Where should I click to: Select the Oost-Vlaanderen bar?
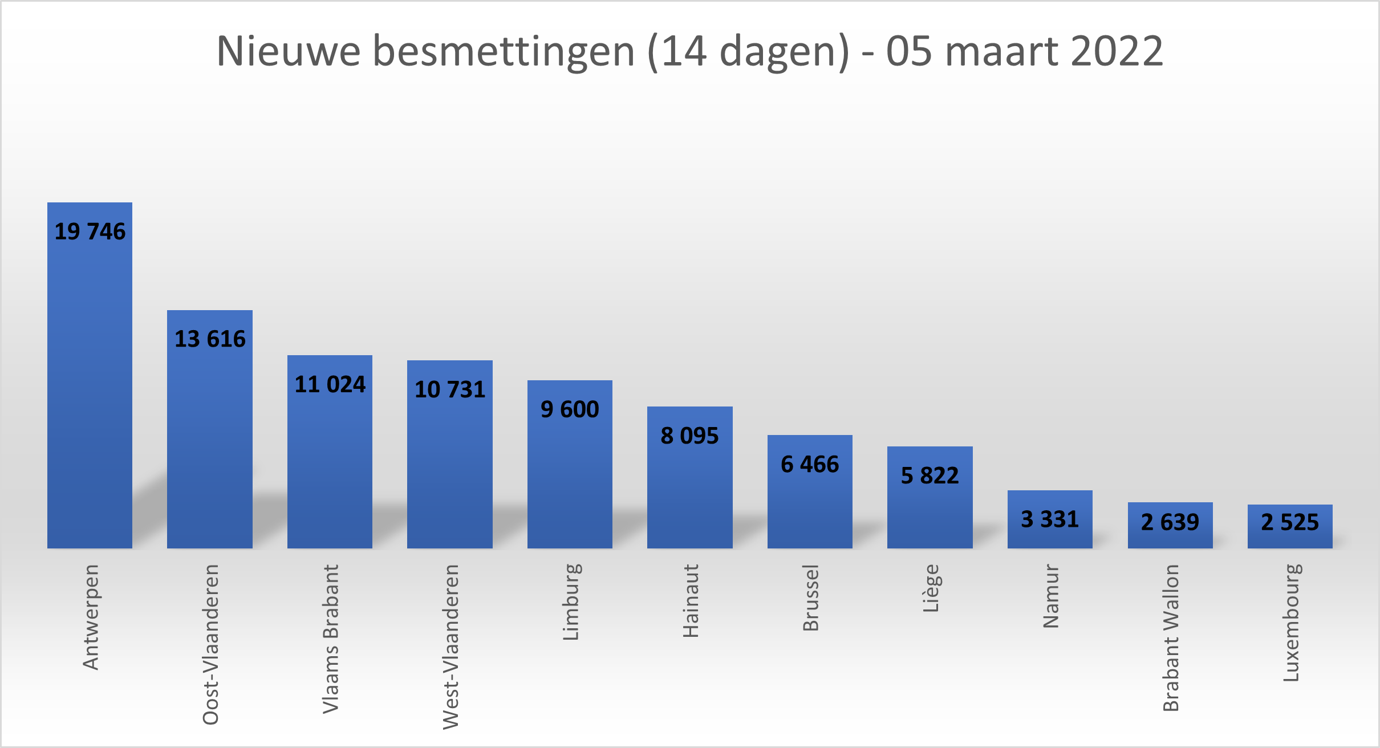(210, 445)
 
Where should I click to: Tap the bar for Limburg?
(570, 479)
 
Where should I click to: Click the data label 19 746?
(90, 231)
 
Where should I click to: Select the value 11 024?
(330, 384)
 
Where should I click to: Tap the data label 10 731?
(450, 389)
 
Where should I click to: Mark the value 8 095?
(689, 436)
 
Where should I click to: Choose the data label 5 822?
(930, 475)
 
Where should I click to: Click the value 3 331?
(1050, 519)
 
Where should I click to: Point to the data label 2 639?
(1170, 522)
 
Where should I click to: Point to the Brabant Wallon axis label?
(1171, 637)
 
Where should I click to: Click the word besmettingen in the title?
(504, 51)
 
